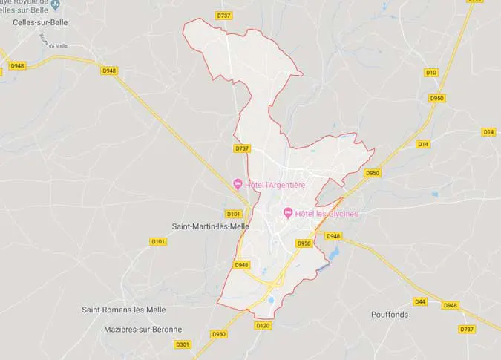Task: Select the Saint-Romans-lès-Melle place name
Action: pyautogui.click(x=124, y=310)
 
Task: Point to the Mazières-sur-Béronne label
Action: pyautogui.click(x=132, y=329)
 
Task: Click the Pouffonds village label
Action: pyautogui.click(x=390, y=314)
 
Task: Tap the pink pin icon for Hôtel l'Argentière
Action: pyautogui.click(x=238, y=184)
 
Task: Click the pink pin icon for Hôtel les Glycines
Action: pyautogui.click(x=287, y=214)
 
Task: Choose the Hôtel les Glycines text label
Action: pyautogui.click(x=326, y=214)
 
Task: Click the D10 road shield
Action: pyautogui.click(x=431, y=72)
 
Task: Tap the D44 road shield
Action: pyautogui.click(x=420, y=301)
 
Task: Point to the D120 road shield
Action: pyautogui.click(x=263, y=325)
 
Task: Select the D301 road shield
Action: pyautogui.click(x=183, y=344)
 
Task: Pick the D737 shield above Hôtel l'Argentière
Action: pyautogui.click(x=242, y=148)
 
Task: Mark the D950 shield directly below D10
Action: pyautogui.click(x=436, y=98)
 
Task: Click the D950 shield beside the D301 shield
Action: pyautogui.click(x=219, y=334)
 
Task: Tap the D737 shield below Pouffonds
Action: pyautogui.click(x=467, y=329)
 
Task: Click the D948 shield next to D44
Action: pyautogui.click(x=450, y=305)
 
